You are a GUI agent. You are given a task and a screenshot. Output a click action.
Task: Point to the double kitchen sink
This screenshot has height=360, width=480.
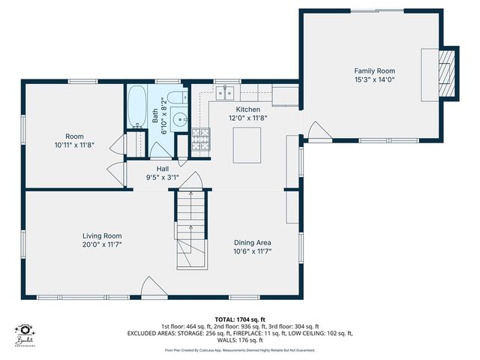pos(226,93)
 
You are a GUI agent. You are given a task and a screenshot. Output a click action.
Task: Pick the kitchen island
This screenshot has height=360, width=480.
pos(247,145)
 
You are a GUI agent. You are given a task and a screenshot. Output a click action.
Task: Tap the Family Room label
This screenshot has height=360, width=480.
pos(374,70)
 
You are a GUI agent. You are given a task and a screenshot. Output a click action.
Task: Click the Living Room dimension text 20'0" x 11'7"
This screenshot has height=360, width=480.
pos(102,245)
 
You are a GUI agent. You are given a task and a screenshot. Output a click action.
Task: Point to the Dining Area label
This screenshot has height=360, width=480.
pos(251,242)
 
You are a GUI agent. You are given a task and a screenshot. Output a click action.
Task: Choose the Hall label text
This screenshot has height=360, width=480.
pos(163,169)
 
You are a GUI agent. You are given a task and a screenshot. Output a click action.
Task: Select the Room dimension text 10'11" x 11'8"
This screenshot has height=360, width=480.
pos(74,145)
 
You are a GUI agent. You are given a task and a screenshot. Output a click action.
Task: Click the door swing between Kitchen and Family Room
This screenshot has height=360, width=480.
pos(319,131)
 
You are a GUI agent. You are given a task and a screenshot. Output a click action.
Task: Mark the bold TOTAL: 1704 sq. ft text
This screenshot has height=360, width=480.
pos(240,319)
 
